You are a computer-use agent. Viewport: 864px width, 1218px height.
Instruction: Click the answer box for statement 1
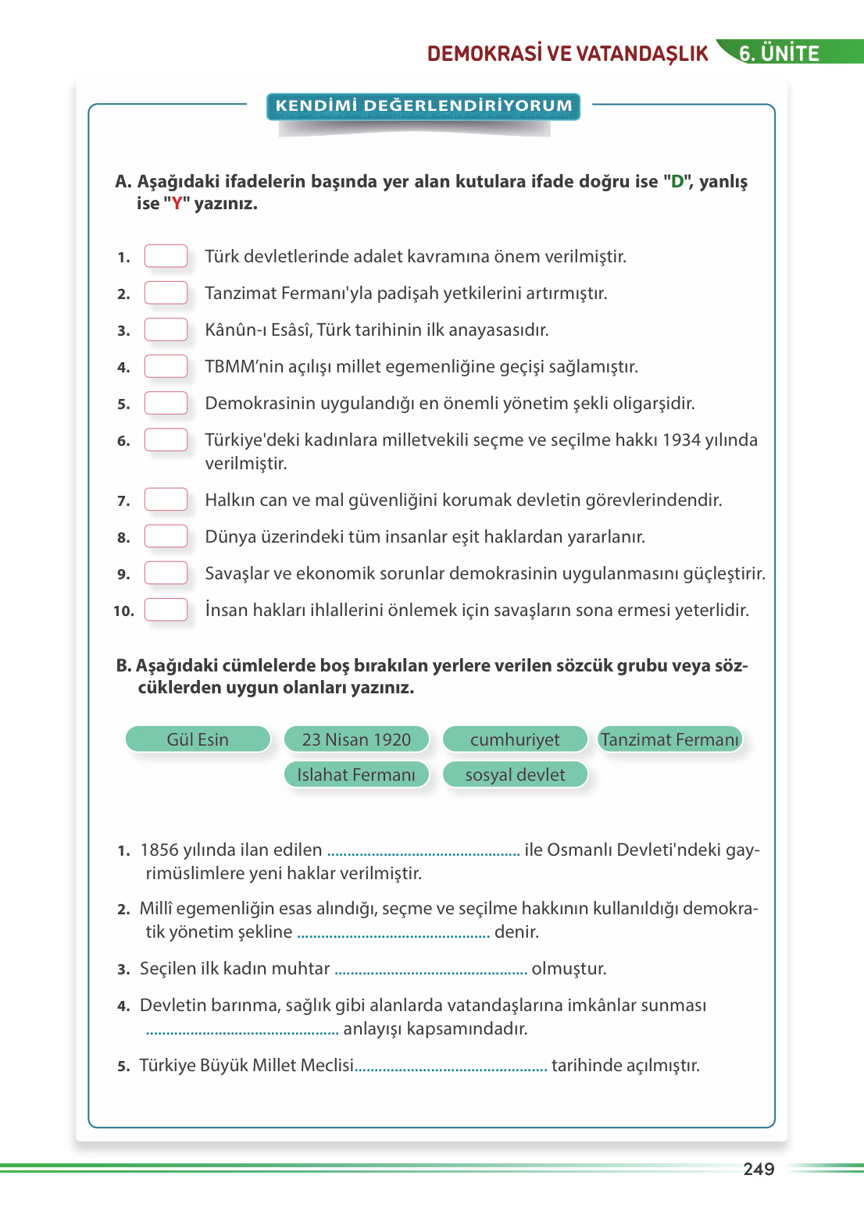(166, 256)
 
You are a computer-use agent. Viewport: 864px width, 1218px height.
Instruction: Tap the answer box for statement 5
(166, 403)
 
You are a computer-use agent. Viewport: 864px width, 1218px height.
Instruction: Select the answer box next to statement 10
(166, 610)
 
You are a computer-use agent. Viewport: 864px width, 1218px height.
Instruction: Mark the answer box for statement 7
(166, 500)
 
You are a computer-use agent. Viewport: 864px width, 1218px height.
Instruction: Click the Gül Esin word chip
(198, 739)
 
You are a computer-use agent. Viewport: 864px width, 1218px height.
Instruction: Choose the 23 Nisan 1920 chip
(356, 739)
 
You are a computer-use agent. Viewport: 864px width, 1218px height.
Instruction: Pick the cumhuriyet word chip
(515, 739)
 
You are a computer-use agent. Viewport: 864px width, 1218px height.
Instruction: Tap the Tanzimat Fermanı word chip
(669, 739)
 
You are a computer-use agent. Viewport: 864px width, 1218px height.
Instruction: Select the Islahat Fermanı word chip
(356, 775)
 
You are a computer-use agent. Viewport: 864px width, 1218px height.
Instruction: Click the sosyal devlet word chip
(515, 775)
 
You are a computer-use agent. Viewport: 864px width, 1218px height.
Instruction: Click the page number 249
(759, 1169)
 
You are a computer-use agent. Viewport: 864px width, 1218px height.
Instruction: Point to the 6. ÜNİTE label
(779, 53)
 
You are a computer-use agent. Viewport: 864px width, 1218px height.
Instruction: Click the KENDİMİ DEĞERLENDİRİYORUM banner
(423, 106)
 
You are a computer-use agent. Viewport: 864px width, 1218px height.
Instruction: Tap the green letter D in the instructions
(677, 182)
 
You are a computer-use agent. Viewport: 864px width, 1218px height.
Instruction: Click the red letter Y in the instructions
(177, 204)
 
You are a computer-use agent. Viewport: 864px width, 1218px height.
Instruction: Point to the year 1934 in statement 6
(681, 440)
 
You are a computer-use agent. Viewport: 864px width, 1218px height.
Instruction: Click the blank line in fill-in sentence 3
(430, 970)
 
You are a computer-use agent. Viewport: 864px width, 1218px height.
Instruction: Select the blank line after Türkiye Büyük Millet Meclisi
(452, 1067)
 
